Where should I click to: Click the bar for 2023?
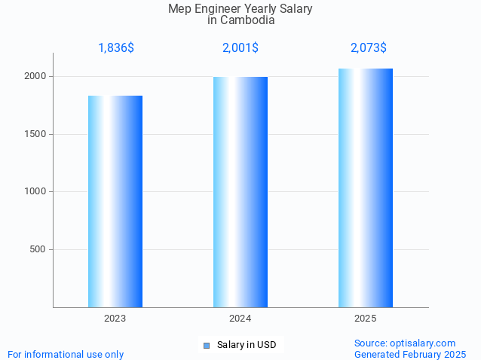pyautogui.click(x=115, y=201)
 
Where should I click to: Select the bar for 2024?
pyautogui.click(x=240, y=192)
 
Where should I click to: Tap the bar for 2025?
pyautogui.click(x=366, y=188)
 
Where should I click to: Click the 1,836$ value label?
pyautogui.click(x=116, y=48)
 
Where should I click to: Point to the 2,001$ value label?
pyautogui.click(x=240, y=48)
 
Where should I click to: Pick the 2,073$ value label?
pyautogui.click(x=369, y=48)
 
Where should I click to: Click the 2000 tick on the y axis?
pyautogui.click(x=37, y=77)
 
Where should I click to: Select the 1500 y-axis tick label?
pyautogui.click(x=37, y=134)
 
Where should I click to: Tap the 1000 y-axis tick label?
pyautogui.click(x=37, y=192)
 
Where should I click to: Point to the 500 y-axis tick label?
pyautogui.click(x=39, y=249)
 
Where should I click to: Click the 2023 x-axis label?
pyautogui.click(x=115, y=319)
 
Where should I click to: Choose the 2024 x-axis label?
pyautogui.click(x=240, y=319)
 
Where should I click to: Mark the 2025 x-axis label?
pyautogui.click(x=366, y=319)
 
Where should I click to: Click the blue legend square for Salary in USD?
pyautogui.click(x=206, y=346)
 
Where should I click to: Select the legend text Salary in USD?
pyautogui.click(x=247, y=345)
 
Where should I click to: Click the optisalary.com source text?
pyautogui.click(x=405, y=343)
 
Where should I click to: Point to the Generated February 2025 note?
pyautogui.click(x=410, y=354)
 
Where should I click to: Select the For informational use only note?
pyautogui.click(x=66, y=354)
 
